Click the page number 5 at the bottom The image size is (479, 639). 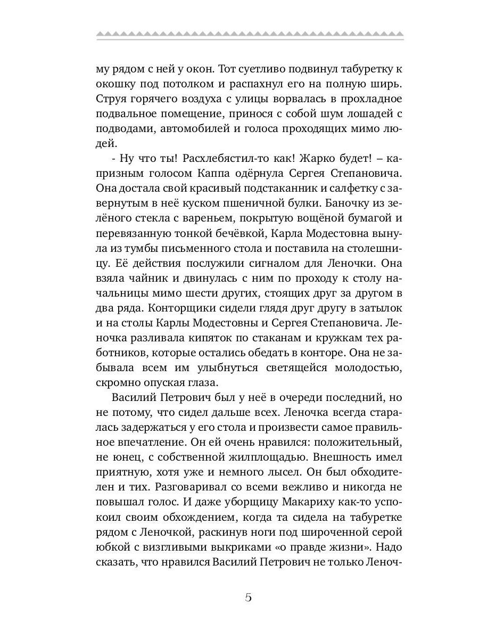coord(248,596)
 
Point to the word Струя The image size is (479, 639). coord(110,99)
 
